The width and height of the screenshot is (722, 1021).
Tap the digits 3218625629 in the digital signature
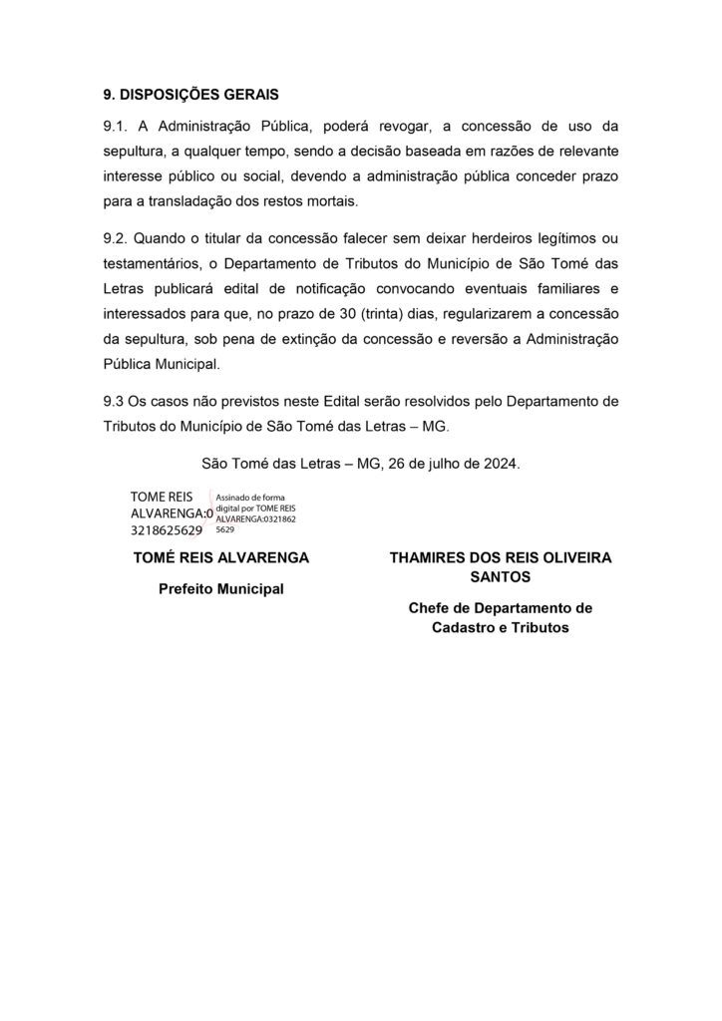[167, 530]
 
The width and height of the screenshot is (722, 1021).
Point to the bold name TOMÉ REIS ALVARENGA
[220, 557]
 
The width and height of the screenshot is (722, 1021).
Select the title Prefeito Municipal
[220, 589]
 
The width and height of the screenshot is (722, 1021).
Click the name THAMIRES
[431, 557]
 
